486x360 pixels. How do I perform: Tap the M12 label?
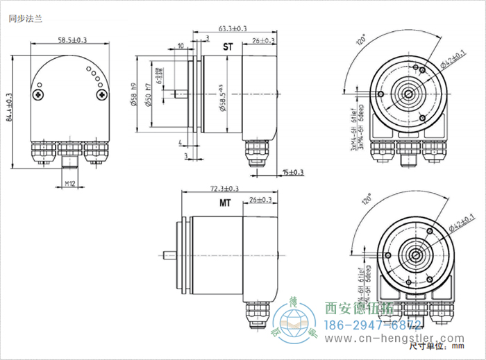point(70,184)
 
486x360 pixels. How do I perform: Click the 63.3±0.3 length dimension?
point(232,29)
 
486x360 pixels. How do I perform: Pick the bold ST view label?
point(227,48)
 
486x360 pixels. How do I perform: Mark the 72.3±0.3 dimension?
point(224,188)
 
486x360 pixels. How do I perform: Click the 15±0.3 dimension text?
point(294,172)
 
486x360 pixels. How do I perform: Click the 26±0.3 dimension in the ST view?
point(263,42)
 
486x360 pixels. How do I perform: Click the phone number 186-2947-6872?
point(374,325)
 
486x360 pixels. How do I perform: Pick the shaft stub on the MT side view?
point(168,254)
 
